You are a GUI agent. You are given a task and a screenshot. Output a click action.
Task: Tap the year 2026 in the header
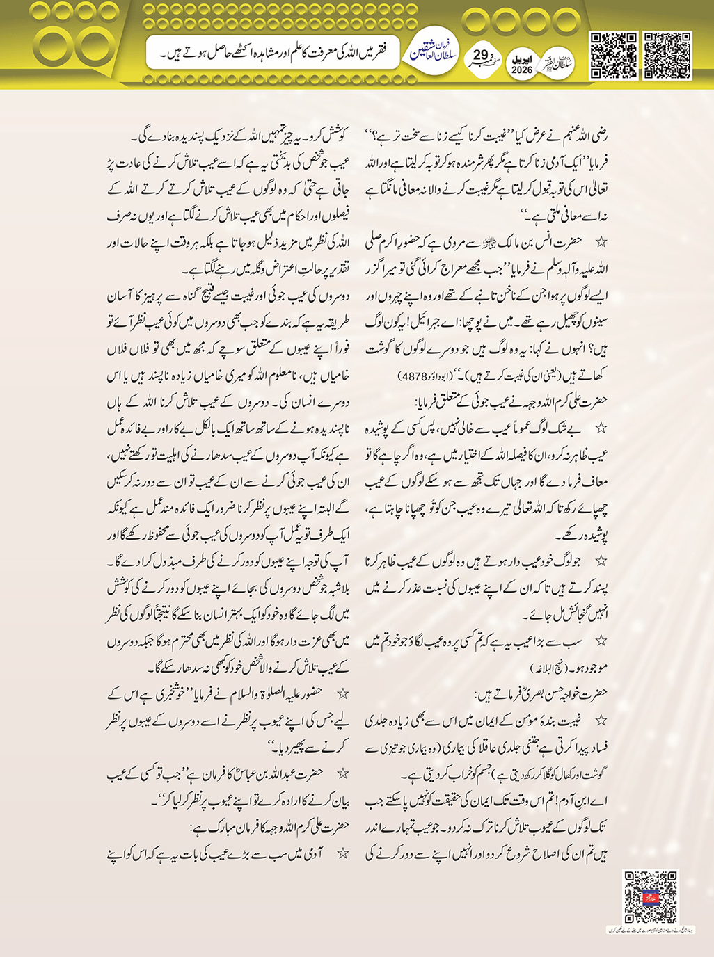pos(521,70)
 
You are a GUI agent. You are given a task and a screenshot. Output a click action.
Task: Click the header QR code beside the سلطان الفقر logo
pos(613,55)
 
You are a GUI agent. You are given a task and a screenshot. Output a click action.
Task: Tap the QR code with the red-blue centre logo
pos(650,896)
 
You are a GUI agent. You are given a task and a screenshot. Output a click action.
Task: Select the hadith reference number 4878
pos(413,377)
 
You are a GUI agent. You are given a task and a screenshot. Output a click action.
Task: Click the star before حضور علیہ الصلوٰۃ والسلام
pos(342,693)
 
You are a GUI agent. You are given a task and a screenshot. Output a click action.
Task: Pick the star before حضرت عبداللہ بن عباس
pos(342,773)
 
